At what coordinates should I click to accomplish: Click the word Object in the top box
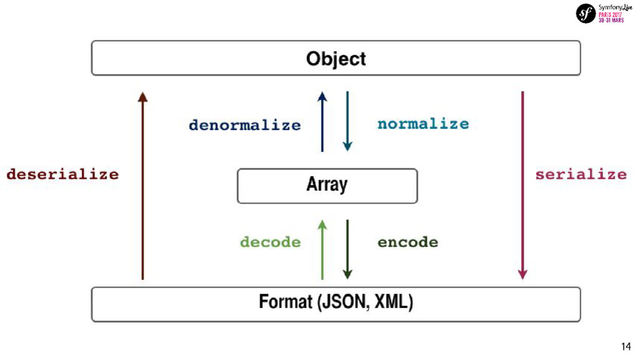[336, 59]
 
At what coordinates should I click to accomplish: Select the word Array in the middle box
[326, 184]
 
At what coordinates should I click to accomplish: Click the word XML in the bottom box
[392, 303]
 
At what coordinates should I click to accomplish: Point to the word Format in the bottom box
[285, 303]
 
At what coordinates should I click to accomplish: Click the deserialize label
[62, 174]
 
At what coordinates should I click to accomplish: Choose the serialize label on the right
[581, 174]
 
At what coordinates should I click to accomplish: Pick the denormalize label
[244, 125]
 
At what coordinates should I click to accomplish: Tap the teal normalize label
[422, 124]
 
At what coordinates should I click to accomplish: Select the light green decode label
[270, 242]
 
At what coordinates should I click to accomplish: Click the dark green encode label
[407, 242]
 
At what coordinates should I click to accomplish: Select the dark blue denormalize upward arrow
[322, 122]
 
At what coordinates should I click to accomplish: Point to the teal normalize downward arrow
[347, 122]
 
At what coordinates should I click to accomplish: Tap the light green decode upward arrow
[322, 249]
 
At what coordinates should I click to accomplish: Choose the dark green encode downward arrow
[347, 249]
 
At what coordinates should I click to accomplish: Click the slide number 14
[626, 347]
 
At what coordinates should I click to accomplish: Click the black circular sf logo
[586, 13]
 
